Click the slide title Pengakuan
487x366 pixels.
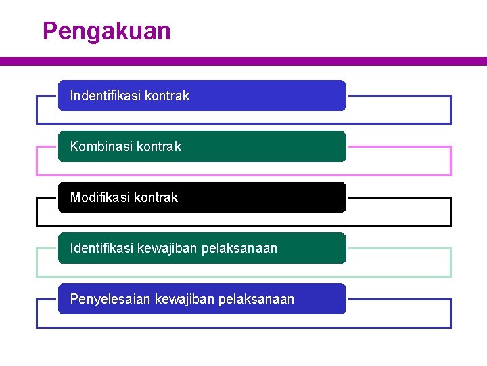[x=106, y=31]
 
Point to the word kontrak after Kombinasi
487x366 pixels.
[x=159, y=146]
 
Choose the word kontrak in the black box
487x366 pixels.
[x=156, y=197]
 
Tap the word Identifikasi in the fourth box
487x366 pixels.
[x=101, y=248]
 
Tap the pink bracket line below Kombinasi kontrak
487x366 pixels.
[x=243, y=175]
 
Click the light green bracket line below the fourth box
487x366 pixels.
[x=243, y=277]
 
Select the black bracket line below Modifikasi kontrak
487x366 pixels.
[x=243, y=226]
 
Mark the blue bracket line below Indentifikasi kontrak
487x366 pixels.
[x=243, y=124]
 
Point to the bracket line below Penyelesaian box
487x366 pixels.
[x=243, y=327]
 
